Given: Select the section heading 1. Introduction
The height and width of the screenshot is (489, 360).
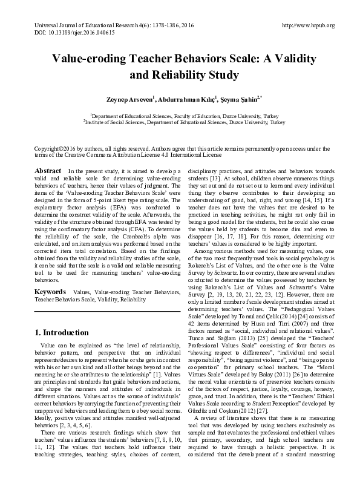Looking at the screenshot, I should [62, 332].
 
